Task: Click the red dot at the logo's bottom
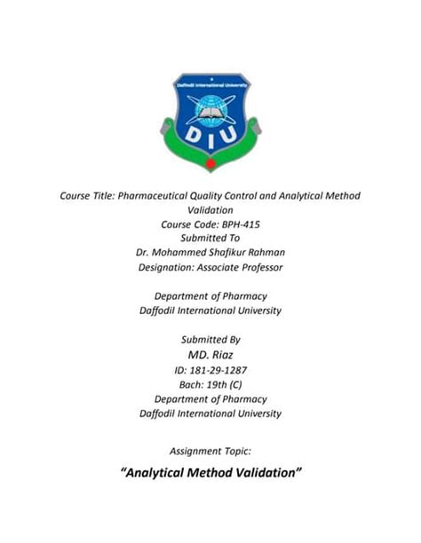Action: click(x=210, y=165)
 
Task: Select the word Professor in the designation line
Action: click(x=258, y=267)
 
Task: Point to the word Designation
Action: click(x=166, y=267)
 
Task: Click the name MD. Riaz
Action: click(x=210, y=354)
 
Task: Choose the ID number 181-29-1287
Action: click(x=218, y=369)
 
